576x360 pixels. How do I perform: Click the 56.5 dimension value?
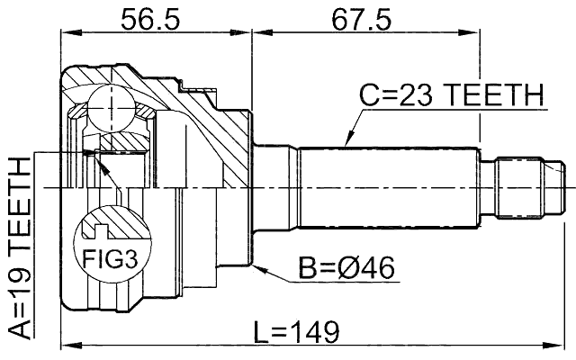click(155, 19)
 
